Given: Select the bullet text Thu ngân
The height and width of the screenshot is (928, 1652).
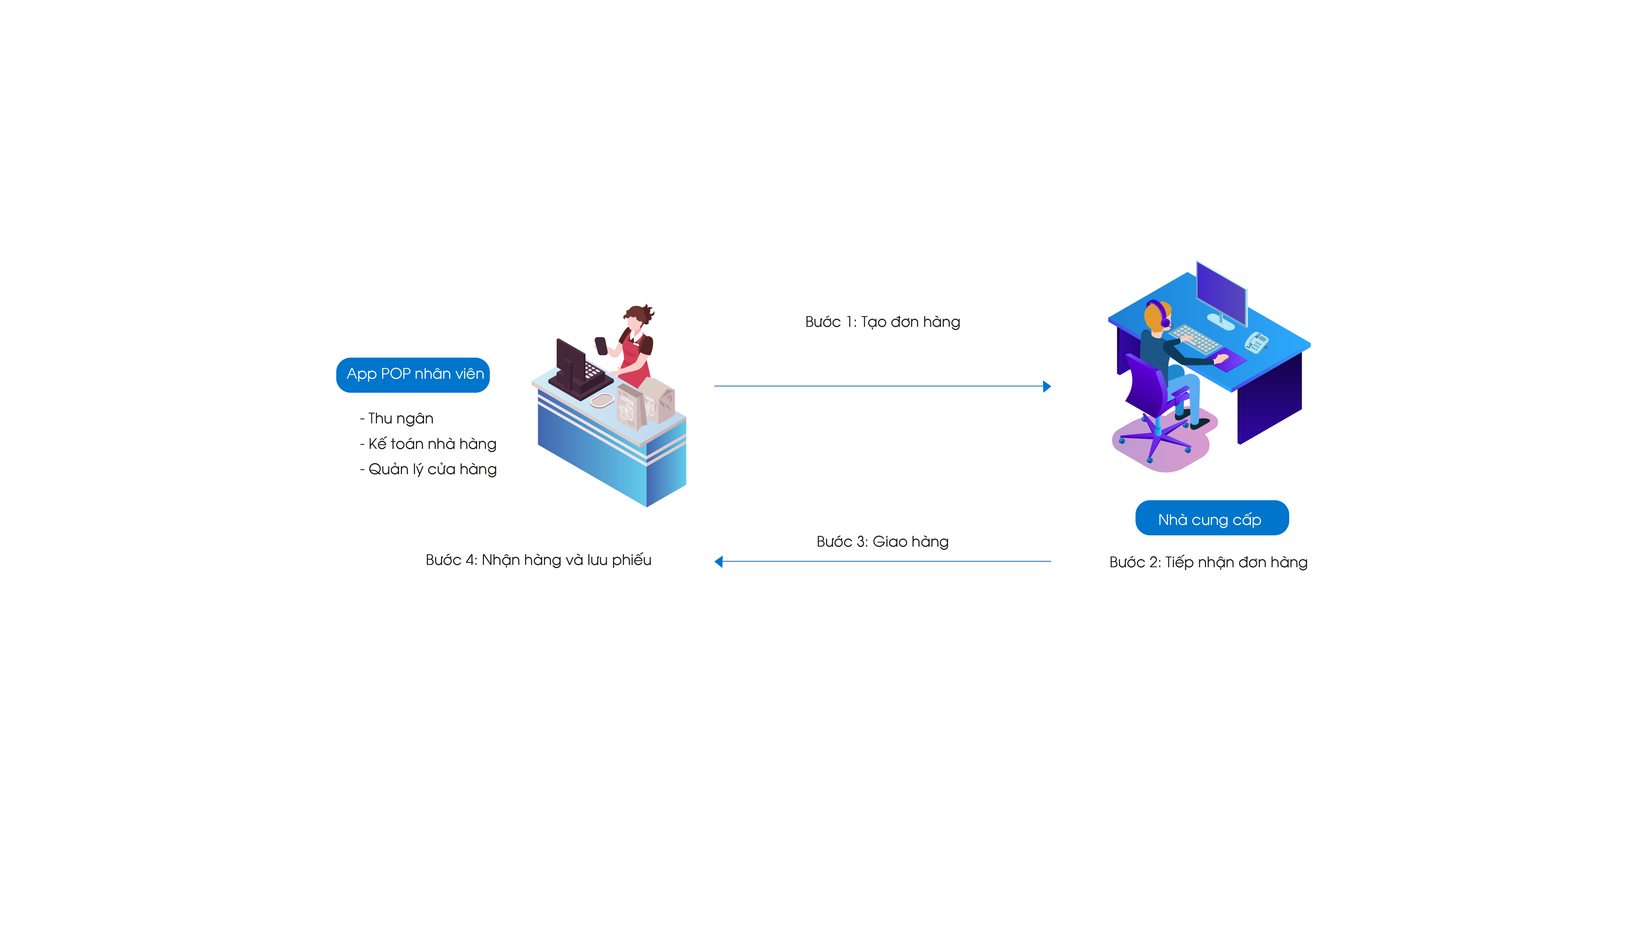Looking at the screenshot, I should point(400,418).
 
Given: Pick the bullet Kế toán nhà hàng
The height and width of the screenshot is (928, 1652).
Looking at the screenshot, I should point(432,444).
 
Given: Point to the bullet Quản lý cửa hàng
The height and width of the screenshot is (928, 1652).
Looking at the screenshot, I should point(432,469).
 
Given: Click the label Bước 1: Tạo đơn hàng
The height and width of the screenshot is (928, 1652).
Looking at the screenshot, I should point(882,322).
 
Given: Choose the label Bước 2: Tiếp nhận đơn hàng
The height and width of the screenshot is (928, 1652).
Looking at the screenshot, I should point(1208,562).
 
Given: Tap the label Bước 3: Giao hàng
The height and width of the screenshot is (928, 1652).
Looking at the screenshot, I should point(882,541).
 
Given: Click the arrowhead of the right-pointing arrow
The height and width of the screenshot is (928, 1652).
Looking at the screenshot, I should point(1047,387).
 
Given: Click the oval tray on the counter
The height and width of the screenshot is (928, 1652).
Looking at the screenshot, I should point(602,400).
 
